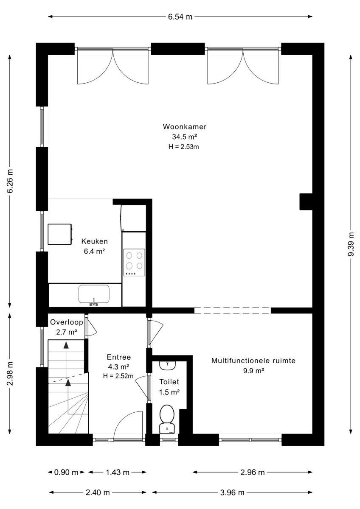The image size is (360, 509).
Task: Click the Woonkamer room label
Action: tap(184, 126)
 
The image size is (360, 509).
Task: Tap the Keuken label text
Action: tap(94, 241)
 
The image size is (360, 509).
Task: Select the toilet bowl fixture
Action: tap(167, 419)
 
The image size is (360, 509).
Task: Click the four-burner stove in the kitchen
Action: tap(134, 263)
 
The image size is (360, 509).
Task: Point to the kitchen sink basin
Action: tap(94, 294)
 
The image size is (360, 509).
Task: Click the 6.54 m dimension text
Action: tap(180, 17)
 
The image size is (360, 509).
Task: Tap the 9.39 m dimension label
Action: tap(351, 244)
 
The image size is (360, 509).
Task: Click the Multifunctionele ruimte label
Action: tap(253, 361)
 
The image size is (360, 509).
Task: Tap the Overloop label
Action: tap(66, 322)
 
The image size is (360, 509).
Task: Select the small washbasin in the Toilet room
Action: tap(167, 365)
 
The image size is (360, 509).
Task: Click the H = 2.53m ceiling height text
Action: tap(183, 147)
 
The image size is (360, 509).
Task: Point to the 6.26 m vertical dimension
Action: tap(10, 181)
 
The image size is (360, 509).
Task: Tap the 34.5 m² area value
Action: tap(184, 137)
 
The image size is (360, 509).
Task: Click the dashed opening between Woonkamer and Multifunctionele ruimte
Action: tap(232, 310)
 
